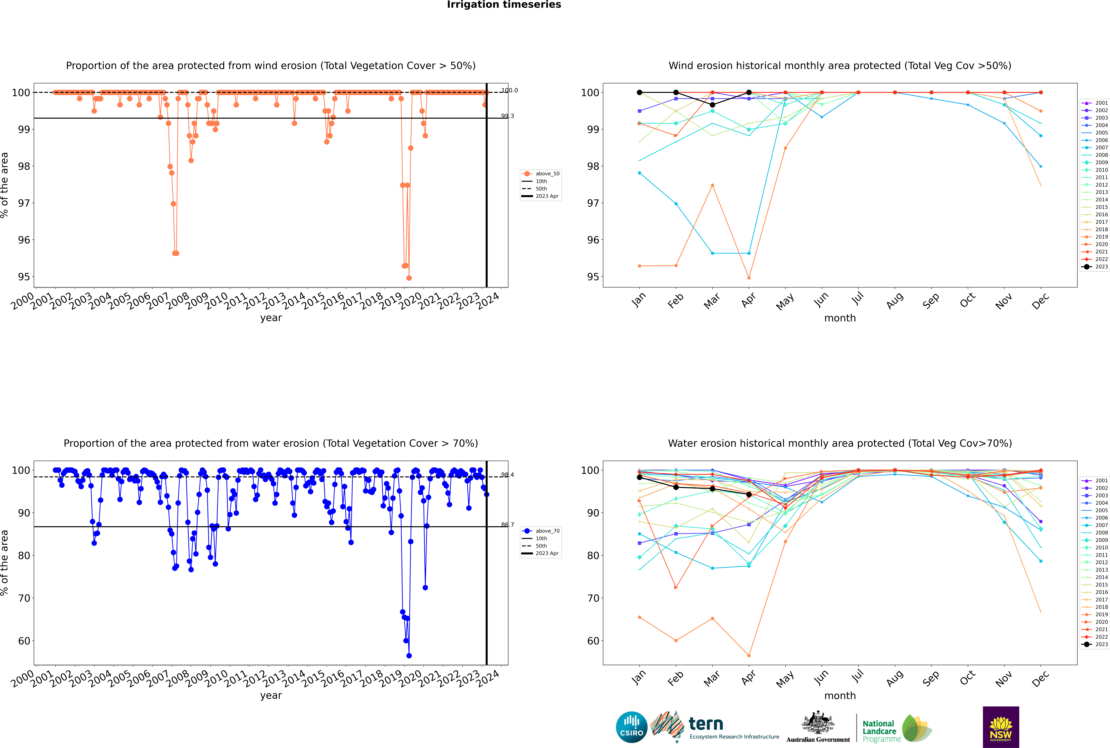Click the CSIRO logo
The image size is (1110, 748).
click(x=631, y=728)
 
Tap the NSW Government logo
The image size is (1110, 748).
click(x=1001, y=727)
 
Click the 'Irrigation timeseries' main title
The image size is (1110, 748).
click(x=504, y=5)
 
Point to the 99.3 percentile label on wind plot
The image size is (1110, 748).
click(x=507, y=116)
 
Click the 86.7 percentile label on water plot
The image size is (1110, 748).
click(x=507, y=525)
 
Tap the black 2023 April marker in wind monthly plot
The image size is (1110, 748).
click(x=749, y=93)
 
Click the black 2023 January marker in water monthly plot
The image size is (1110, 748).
click(x=639, y=477)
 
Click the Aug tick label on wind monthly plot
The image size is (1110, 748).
click(x=894, y=301)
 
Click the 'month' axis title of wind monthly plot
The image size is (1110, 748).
click(x=840, y=318)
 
